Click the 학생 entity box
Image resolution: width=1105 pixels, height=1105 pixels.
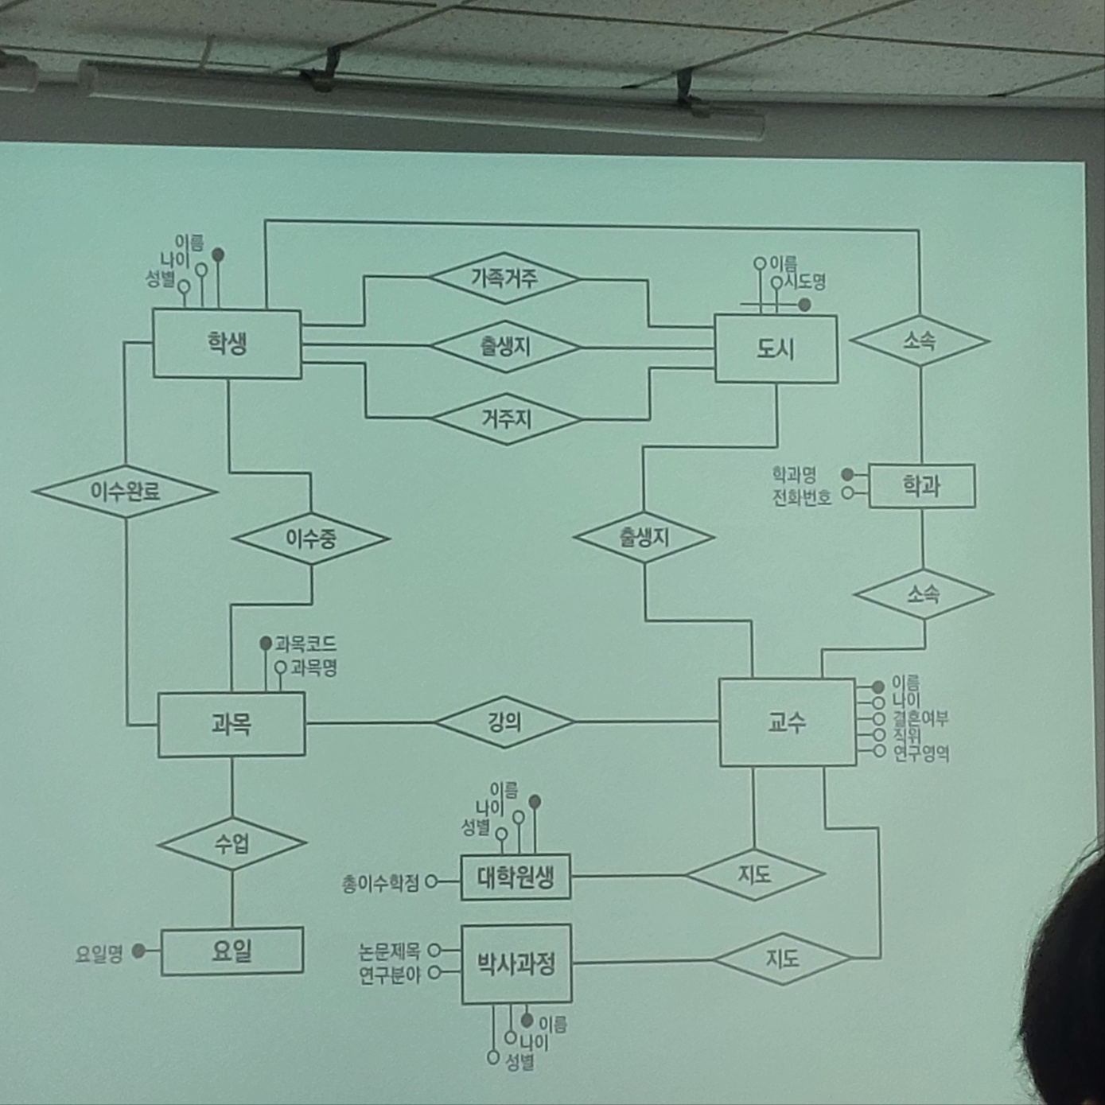pyautogui.click(x=227, y=344)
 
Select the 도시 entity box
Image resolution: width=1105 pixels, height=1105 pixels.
pyautogui.click(x=776, y=348)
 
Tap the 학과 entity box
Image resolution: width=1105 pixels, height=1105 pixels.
pyautogui.click(x=921, y=485)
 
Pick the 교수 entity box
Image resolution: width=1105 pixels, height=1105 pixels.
pyautogui.click(x=787, y=722)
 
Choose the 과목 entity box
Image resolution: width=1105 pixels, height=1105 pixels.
pyautogui.click(x=231, y=724)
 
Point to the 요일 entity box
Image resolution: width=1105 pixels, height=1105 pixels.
pyautogui.click(x=232, y=951)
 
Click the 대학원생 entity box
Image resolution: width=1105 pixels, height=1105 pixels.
pyautogui.click(x=516, y=877)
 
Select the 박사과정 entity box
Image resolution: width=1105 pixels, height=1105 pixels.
pyautogui.click(x=516, y=964)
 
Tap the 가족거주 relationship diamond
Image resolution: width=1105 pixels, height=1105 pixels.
pyautogui.click(x=504, y=278)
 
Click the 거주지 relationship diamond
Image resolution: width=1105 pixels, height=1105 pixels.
pyautogui.click(x=506, y=418)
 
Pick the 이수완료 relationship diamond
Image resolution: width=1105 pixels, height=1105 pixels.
pyautogui.click(x=125, y=492)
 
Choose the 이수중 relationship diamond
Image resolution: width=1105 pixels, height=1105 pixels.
pyautogui.click(x=311, y=539)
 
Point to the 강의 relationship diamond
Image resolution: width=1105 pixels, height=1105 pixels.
pyautogui.click(x=504, y=722)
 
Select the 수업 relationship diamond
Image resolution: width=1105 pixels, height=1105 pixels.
pyautogui.click(x=232, y=843)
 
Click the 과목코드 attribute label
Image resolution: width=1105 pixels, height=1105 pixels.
pyautogui.click(x=305, y=644)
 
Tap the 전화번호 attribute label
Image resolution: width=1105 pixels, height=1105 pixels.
pyautogui.click(x=802, y=498)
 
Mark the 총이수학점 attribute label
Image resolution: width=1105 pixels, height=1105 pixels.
pyautogui.click(x=380, y=883)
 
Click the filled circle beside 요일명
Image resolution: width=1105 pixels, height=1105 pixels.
pyautogui.click(x=138, y=951)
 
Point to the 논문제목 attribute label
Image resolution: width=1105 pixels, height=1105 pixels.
pyautogui.click(x=389, y=951)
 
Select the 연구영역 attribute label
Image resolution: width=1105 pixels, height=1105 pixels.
pyautogui.click(x=920, y=753)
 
